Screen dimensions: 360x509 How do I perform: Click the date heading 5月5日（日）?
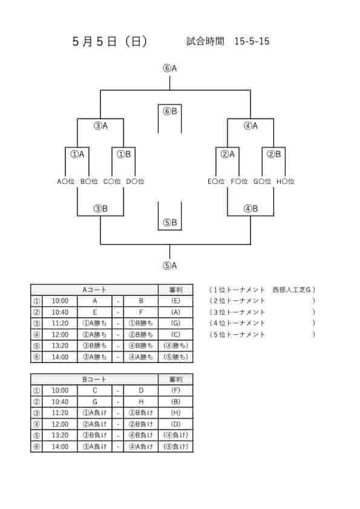pos(110,42)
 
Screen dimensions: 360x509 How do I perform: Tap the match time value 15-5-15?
pos(252,41)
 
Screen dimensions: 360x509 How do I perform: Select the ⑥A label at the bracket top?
pos(170,68)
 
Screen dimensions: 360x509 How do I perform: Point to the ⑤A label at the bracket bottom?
pos(170,266)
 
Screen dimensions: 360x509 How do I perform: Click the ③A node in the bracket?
pos(100,126)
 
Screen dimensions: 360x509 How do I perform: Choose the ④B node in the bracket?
pos(250,209)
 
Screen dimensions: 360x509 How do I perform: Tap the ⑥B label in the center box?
pos(170,111)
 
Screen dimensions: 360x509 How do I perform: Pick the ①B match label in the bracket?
pos(123,154)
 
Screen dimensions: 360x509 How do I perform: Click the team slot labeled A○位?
pos(66,182)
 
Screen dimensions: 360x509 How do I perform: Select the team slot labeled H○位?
pos(286,182)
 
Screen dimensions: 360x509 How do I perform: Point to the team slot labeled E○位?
pos(216,182)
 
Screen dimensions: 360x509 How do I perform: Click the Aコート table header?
pos(94,289)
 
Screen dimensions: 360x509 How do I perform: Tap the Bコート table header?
pos(94,379)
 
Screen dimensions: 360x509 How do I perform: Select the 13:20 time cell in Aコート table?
pos(60,346)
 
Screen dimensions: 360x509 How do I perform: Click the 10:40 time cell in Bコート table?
pos(60,402)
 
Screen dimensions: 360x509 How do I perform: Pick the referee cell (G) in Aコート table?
pos(175,323)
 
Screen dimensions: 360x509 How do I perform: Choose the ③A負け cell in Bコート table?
pos(94,447)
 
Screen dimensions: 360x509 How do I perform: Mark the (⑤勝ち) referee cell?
pos(175,356)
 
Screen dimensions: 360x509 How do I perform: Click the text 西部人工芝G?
pos(292,289)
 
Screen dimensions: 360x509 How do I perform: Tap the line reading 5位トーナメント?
pos(239,334)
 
